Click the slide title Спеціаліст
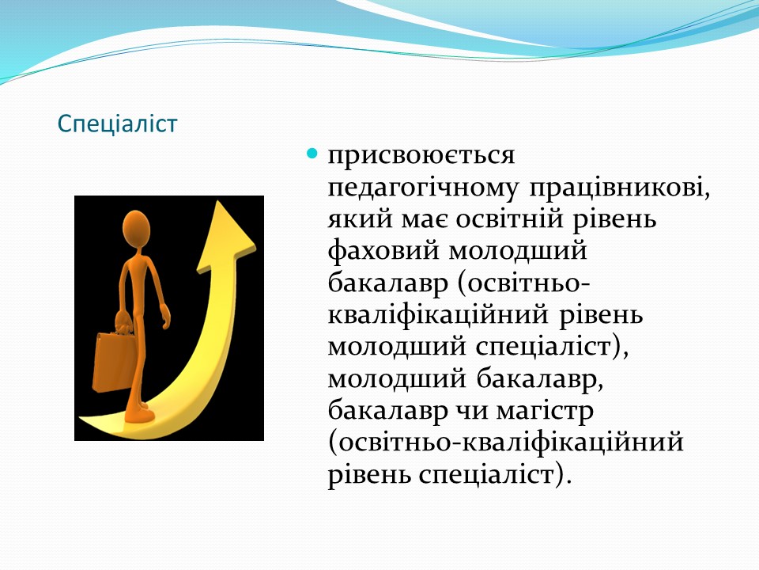coord(118,124)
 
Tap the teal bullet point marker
coord(313,154)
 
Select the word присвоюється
coord(421,155)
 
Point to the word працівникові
coord(620,187)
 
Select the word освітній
coord(510,218)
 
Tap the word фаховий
coord(384,252)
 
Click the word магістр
coord(545,412)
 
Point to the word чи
coord(472,412)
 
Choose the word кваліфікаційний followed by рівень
coord(439,315)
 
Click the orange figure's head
coord(136,230)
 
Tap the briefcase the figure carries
coord(113,362)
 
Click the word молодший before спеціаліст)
coord(397,348)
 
